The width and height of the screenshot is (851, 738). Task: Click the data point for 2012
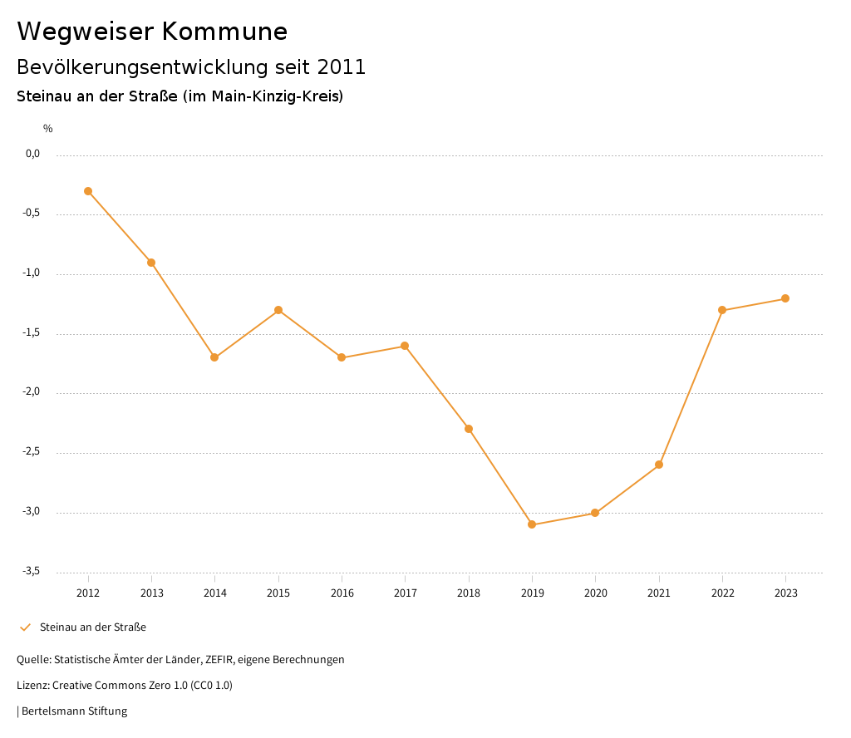click(x=88, y=191)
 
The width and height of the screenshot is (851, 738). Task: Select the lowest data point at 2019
click(x=532, y=524)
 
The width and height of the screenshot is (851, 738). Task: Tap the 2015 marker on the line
click(x=278, y=310)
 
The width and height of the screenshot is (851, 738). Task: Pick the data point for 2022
click(x=722, y=310)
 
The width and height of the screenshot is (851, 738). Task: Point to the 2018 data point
click(x=469, y=429)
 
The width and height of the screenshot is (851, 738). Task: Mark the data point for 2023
click(x=785, y=298)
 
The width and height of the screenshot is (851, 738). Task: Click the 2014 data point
click(x=214, y=357)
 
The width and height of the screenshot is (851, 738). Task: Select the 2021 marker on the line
click(x=659, y=465)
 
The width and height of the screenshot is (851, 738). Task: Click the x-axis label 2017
click(x=405, y=593)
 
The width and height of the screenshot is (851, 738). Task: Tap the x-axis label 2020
click(x=595, y=593)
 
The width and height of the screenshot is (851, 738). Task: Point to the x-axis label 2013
click(x=151, y=593)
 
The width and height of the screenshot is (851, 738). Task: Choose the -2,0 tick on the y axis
click(x=32, y=392)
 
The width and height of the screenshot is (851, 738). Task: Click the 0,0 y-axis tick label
click(x=32, y=154)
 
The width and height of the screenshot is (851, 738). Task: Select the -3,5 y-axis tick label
click(x=32, y=571)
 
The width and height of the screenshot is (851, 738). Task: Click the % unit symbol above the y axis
click(x=48, y=129)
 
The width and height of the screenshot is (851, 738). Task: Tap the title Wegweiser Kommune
click(x=152, y=32)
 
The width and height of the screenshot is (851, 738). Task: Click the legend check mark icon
click(x=25, y=627)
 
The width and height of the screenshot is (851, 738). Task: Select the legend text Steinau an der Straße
click(x=93, y=627)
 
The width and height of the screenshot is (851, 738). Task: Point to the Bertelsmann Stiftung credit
click(x=74, y=711)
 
